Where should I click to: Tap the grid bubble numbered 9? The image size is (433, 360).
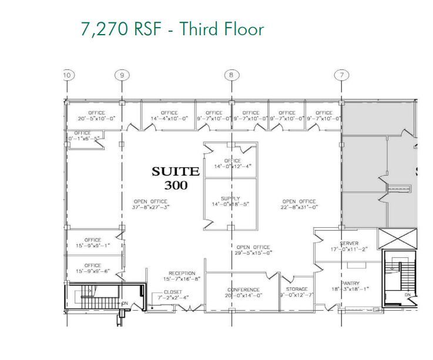click(x=122, y=75)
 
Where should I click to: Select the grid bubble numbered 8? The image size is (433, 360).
click(x=231, y=75)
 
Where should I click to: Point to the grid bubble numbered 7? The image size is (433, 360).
click(x=341, y=75)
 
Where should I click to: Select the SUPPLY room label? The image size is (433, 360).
click(x=231, y=198)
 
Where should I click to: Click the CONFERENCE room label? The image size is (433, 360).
click(x=243, y=290)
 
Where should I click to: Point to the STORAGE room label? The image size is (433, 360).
click(x=297, y=289)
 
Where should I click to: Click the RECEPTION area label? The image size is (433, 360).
click(x=182, y=273)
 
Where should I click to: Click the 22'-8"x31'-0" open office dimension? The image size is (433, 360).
click(x=299, y=207)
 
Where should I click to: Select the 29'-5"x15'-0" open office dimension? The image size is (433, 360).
click(x=253, y=254)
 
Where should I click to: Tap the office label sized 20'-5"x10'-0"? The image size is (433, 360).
click(x=96, y=119)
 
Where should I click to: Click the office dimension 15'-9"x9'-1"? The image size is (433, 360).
click(x=93, y=246)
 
